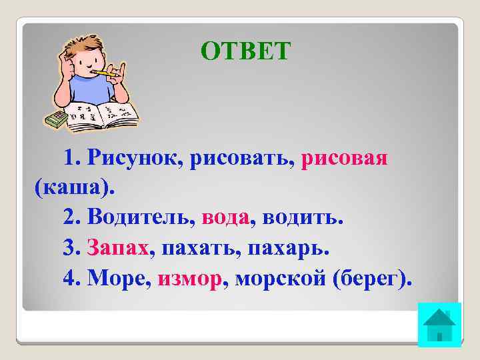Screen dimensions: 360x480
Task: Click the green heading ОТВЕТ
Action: pos(246,51)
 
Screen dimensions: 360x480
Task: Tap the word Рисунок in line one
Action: pos(138,159)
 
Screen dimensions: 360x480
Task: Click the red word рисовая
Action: pos(345,159)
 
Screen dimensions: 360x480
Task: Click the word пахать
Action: pos(199,247)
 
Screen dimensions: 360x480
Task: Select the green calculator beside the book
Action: pos(56,119)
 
